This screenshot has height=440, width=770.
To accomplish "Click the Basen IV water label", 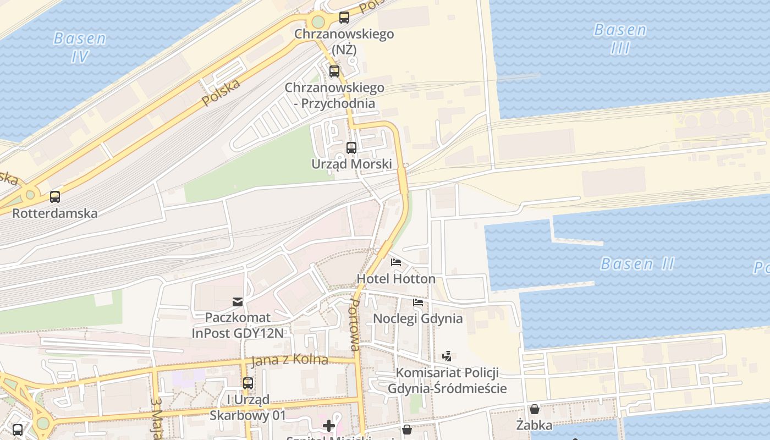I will point(80,47).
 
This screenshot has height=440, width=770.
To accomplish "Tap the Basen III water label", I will point(620,38).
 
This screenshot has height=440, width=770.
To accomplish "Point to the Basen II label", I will point(637,264).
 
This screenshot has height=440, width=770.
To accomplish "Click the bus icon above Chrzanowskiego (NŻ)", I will point(344,18).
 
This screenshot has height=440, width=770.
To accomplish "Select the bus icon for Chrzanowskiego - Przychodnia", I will point(334,71).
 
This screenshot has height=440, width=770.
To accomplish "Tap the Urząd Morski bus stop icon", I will point(351,147).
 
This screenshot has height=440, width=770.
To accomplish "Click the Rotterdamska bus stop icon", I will point(55,196).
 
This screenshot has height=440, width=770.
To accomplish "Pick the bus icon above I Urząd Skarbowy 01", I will point(248,383).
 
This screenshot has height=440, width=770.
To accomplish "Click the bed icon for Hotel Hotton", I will point(396,262).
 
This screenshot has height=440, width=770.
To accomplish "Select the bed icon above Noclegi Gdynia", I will point(418,302).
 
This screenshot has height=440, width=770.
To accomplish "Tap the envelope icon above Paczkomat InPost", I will point(238,301).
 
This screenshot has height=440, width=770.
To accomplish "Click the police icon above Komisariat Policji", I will point(447,356).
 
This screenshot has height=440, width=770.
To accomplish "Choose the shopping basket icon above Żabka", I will point(534,409).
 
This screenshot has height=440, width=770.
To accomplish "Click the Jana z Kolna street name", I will point(289,360).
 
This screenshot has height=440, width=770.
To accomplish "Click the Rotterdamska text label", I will point(55,213).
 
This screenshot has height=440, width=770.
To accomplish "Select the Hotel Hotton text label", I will point(396,279).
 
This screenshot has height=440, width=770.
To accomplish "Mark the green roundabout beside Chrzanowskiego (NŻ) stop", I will point(318,22).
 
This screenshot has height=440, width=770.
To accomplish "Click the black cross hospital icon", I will point(329,425).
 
